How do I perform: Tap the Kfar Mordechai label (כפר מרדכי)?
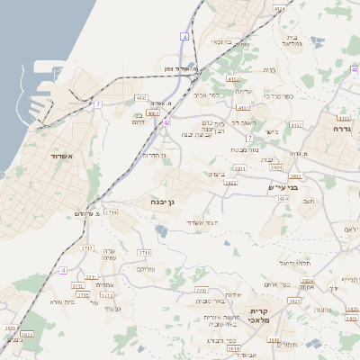click(x=280, y=95)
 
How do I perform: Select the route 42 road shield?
click(x=166, y=122)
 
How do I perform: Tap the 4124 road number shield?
click(x=279, y=8)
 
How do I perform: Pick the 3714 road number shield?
click(x=111, y=211)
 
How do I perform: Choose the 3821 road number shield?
click(x=240, y=167)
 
